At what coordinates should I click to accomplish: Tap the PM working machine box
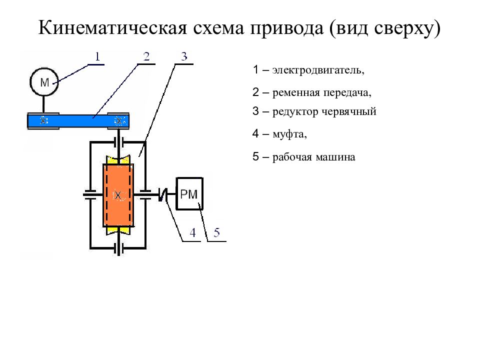click(189, 193)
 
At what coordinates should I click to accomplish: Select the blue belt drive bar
click(78, 120)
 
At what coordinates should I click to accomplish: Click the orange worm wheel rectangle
click(118, 195)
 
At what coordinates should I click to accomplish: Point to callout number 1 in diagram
click(97, 56)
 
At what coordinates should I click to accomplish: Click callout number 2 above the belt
click(146, 56)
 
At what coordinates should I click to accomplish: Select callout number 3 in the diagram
click(184, 56)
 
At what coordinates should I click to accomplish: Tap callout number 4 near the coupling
click(192, 232)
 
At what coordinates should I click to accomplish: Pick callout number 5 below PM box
click(216, 232)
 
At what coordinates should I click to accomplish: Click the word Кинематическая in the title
click(112, 27)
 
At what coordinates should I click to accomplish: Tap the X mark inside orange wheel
click(118, 195)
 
